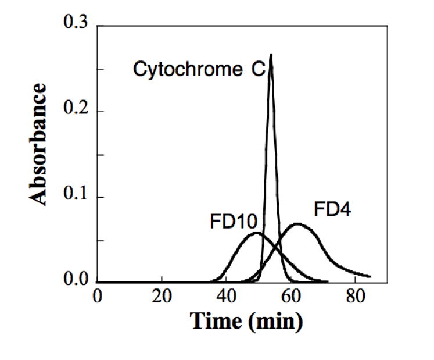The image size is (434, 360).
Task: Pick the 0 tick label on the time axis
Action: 97,296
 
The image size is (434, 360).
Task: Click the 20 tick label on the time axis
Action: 162,296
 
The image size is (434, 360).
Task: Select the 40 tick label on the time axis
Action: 226,296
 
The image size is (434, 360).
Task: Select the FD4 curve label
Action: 333,209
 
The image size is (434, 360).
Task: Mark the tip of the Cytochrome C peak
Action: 271,55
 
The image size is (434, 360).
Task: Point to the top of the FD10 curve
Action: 256,233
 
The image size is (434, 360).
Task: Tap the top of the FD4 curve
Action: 297,223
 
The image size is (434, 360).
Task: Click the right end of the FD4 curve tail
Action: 370,276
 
